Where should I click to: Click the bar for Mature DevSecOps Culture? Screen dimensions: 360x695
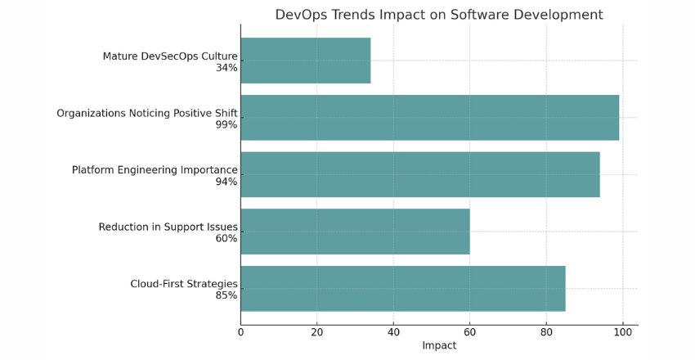305,61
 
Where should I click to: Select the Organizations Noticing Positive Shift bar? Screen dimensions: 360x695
429,118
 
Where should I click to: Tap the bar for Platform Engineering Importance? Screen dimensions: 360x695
419,174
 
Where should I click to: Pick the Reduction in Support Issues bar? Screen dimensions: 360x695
355,232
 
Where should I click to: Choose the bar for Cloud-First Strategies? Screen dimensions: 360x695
402,288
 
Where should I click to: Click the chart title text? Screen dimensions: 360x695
438,15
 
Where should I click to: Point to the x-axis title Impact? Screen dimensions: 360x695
439,346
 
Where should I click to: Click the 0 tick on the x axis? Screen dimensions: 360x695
240,332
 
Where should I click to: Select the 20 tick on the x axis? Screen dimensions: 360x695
316,332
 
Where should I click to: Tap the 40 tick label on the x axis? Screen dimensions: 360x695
393,332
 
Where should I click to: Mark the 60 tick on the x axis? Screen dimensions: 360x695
469,332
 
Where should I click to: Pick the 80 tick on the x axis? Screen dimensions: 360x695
546,332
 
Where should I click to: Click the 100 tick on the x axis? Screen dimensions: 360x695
622,332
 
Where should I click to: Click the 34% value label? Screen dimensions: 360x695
226,68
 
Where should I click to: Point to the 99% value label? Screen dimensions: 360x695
226,125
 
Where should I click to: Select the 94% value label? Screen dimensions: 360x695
226,182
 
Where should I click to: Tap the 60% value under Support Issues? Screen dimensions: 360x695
226,239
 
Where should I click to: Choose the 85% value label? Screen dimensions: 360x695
226,295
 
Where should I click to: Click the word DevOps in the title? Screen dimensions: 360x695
299,15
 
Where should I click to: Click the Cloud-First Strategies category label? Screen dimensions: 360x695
184,284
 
